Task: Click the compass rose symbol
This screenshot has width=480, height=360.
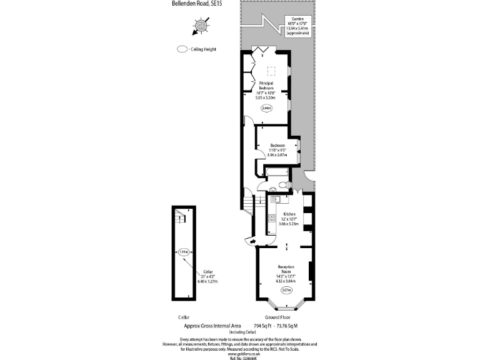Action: [x=201, y=26]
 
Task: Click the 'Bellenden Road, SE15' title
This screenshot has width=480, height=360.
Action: [x=196, y=3]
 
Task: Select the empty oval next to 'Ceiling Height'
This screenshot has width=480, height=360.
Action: [x=182, y=49]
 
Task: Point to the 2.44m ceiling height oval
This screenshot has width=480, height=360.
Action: [x=267, y=108]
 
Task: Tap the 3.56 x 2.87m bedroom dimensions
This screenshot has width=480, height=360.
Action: [x=274, y=154]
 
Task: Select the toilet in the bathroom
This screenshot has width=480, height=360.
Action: [x=283, y=184]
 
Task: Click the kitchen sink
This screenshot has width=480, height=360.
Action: [x=276, y=198]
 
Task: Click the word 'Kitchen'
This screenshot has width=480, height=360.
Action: [x=289, y=214]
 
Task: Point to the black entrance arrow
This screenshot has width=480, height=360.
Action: [x=252, y=241]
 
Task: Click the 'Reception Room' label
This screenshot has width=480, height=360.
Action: [x=286, y=270]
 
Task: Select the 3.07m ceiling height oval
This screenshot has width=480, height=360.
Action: [x=286, y=290]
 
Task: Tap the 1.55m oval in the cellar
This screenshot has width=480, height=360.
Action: [x=183, y=252]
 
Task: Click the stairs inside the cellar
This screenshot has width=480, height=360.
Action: [x=180, y=219]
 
